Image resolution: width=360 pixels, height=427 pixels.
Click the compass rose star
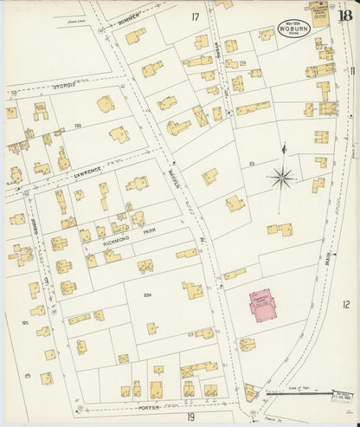click(x=282, y=178)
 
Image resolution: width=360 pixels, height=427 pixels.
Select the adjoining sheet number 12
click(x=345, y=304)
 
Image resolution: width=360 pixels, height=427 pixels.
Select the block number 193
click(x=77, y=126)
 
